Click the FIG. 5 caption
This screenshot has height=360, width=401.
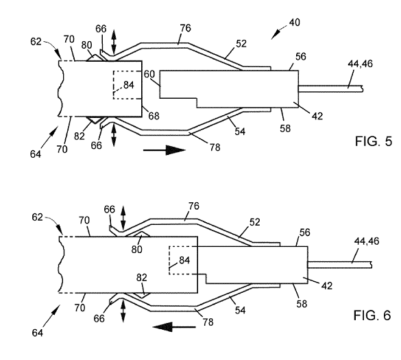click(x=374, y=141)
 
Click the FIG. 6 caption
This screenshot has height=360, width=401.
click(x=372, y=315)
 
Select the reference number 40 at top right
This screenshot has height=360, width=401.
click(x=295, y=23)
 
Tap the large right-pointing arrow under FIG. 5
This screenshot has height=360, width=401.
click(x=165, y=150)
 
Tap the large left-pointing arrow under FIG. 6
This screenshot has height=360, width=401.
click(x=174, y=326)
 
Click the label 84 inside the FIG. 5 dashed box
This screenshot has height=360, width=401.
click(x=129, y=85)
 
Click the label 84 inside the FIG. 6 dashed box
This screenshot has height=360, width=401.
click(x=184, y=260)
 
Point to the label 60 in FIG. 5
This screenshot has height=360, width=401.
click(x=149, y=74)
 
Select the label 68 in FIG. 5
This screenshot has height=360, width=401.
click(x=154, y=116)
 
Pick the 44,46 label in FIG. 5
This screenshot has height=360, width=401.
click(x=360, y=64)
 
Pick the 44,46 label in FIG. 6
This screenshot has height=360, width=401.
click(x=367, y=241)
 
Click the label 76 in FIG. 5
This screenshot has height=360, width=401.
click(x=185, y=28)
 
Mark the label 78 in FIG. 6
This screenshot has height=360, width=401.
click(x=208, y=322)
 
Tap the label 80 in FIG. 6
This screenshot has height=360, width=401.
click(x=137, y=249)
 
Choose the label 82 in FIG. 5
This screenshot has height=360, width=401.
click(x=80, y=136)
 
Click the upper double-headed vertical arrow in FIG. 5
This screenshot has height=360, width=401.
click(x=114, y=43)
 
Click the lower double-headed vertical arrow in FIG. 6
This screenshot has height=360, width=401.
click(x=123, y=311)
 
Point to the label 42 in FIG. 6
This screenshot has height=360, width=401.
click(x=327, y=286)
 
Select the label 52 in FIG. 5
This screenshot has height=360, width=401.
click(x=241, y=44)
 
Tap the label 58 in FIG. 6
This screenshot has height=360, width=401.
click(x=302, y=304)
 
